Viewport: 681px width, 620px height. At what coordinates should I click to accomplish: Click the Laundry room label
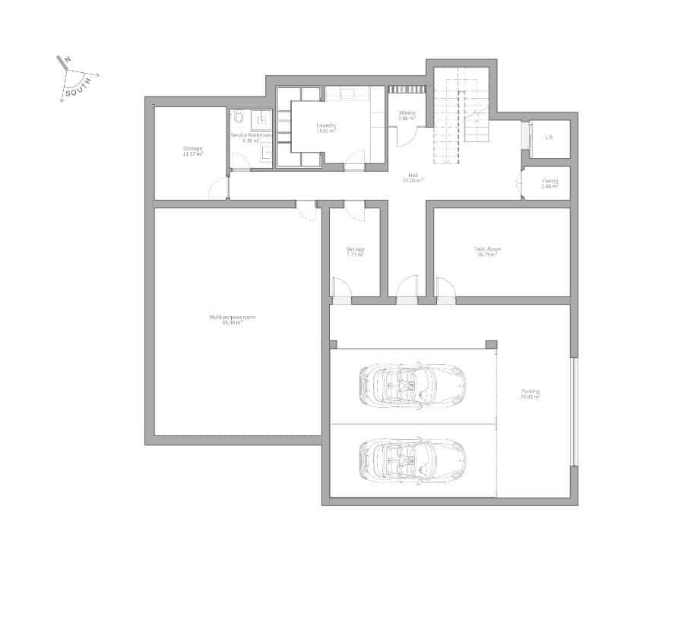(327, 126)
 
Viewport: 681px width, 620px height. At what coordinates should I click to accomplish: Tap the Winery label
(407, 114)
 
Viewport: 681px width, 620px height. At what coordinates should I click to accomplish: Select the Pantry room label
(550, 181)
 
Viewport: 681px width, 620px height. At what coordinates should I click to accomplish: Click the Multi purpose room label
(232, 316)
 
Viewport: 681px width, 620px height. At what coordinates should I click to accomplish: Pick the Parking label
(530, 392)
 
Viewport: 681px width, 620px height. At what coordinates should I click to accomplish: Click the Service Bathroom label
(251, 135)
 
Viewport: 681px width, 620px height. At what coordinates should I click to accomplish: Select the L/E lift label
(549, 138)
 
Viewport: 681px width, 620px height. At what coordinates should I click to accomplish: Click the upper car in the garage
(410, 383)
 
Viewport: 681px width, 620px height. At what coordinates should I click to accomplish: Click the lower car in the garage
(410, 458)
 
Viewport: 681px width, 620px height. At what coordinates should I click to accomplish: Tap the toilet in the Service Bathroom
(239, 118)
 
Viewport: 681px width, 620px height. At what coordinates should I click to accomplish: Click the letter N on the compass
(68, 60)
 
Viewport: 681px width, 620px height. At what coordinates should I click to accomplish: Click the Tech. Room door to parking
(445, 289)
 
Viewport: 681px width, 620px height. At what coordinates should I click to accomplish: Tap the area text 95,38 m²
(232, 322)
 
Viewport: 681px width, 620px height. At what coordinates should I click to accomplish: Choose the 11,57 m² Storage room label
(192, 150)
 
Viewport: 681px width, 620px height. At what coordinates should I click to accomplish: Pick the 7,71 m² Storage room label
(355, 251)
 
